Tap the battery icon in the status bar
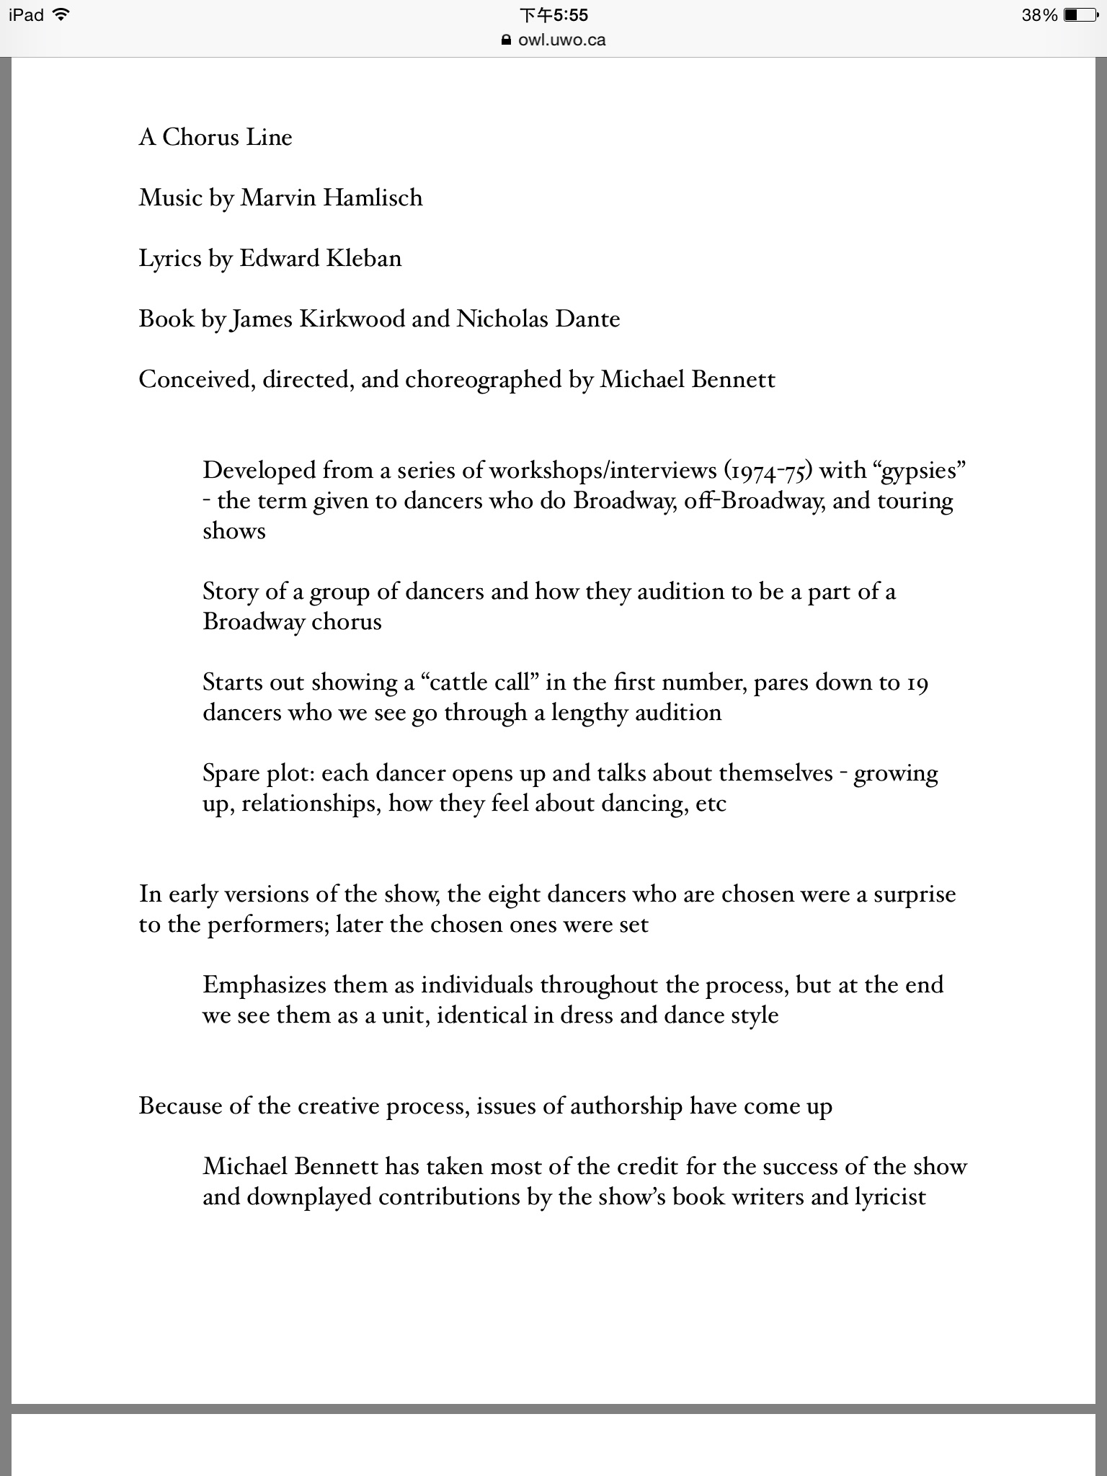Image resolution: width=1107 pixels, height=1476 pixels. click(1080, 15)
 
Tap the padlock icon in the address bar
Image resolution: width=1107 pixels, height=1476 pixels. click(506, 40)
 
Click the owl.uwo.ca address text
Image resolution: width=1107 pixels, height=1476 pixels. click(561, 40)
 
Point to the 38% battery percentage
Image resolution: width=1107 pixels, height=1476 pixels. click(1039, 15)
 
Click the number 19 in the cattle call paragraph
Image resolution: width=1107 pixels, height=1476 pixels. click(917, 682)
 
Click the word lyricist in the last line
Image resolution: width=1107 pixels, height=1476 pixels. click(890, 1196)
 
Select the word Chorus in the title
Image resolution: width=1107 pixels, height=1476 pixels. click(202, 137)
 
